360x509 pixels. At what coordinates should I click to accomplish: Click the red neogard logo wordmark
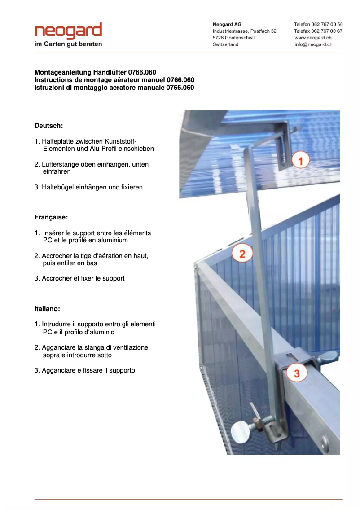(x=68, y=31)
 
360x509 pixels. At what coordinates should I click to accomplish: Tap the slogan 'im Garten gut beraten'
(x=68, y=44)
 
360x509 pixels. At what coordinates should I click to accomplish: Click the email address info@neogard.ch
(x=313, y=44)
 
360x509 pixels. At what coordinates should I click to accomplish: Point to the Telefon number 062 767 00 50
(x=318, y=24)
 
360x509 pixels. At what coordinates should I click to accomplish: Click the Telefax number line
(x=318, y=31)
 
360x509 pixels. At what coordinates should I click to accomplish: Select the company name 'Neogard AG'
(x=227, y=24)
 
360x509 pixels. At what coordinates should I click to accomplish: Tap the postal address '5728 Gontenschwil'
(x=233, y=38)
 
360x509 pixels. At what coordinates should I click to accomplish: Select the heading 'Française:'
(x=51, y=217)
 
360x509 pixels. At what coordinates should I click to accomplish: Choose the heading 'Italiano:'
(x=47, y=309)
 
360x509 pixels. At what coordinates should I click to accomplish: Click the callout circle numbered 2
(x=242, y=254)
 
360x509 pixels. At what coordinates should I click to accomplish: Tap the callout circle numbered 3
(x=297, y=372)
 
